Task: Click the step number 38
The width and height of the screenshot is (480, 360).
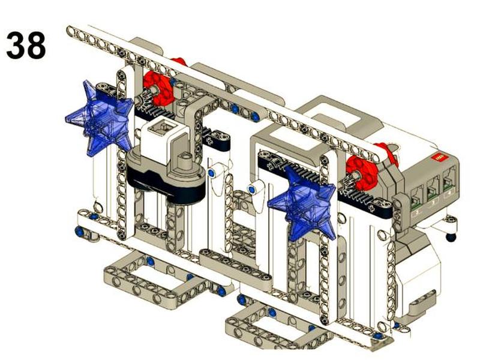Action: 26,46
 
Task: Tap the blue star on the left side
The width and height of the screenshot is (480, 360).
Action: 100,118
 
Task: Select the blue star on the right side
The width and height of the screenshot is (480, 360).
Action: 302,203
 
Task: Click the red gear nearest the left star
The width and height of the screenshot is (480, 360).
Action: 158,88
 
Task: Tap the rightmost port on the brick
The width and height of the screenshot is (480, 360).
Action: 449,181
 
